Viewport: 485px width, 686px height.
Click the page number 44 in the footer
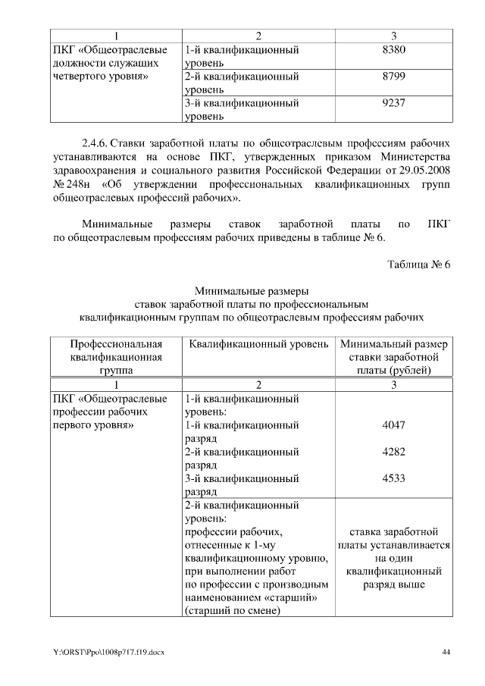[446, 652]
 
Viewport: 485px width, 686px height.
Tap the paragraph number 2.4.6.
[95, 142]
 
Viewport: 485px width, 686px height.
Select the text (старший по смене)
[230, 613]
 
